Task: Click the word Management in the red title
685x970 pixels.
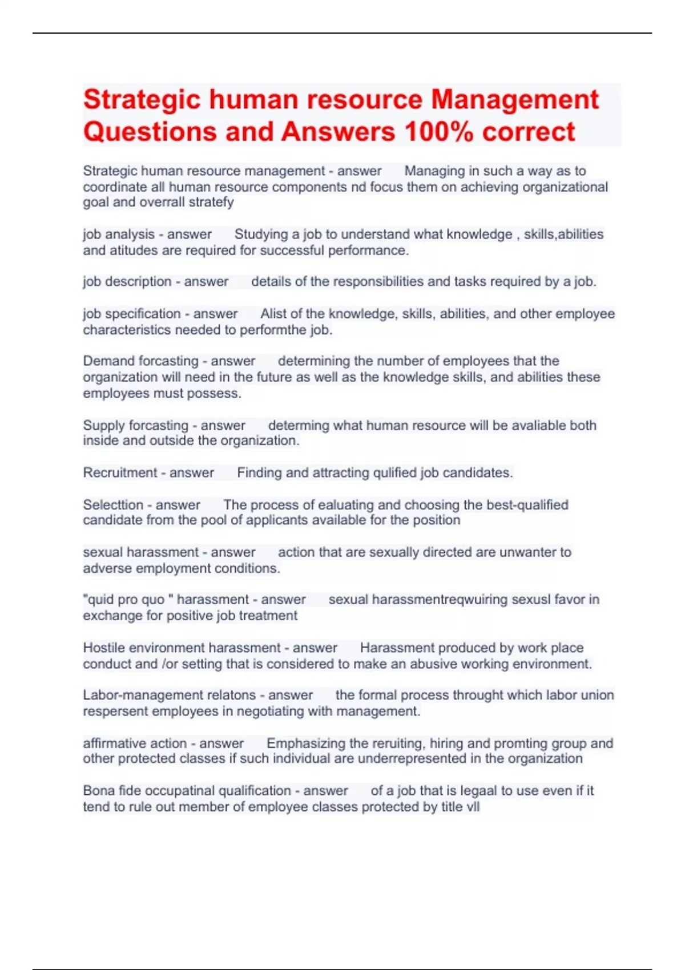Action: pos(514,100)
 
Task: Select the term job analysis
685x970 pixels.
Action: pos(119,235)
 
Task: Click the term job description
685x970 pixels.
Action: pos(127,282)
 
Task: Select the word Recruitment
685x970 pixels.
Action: pos(120,473)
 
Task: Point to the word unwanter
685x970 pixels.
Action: pos(526,552)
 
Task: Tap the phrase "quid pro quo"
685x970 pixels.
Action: pos(127,600)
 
